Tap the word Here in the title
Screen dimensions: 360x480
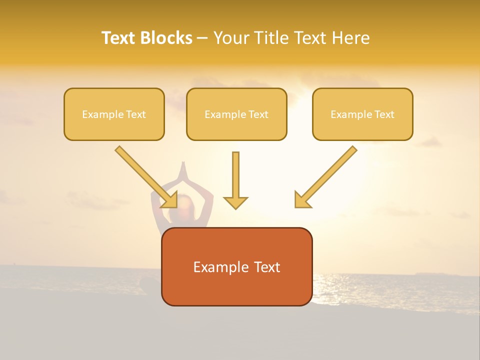[x=351, y=38]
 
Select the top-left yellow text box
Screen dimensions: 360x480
[x=114, y=114]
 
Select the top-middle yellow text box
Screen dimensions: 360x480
[x=236, y=114]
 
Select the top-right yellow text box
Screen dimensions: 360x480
[x=362, y=114]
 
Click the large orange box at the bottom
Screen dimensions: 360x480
[x=236, y=266]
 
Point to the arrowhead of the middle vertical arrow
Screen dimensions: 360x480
[x=235, y=203]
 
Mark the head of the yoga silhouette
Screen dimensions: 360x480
[x=182, y=205]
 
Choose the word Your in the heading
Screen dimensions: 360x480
[x=231, y=38]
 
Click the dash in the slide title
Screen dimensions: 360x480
[x=202, y=38]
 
